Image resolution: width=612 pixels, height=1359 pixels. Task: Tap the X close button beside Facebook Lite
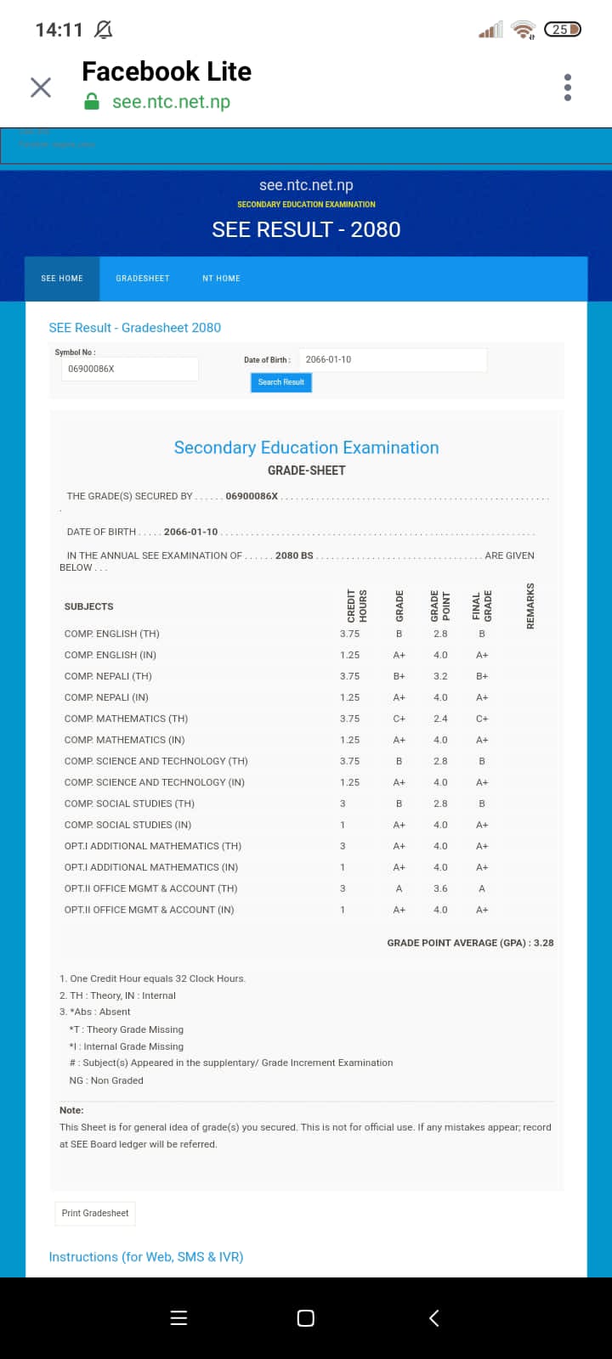pos(41,87)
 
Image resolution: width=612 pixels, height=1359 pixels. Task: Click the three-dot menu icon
pos(568,87)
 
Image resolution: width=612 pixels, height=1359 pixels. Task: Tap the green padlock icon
pos(93,102)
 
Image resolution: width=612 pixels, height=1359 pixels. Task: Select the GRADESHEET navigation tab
pos(143,279)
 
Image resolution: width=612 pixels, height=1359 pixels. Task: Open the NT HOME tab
pos(221,279)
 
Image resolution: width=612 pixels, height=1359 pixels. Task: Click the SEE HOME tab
pos(62,279)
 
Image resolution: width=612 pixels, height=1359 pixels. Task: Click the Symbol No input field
pos(129,369)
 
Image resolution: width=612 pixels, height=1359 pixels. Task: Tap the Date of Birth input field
pos(392,359)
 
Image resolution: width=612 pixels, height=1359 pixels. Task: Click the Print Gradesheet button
pos(95,1213)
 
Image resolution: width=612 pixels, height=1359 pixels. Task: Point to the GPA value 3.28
pos(543,943)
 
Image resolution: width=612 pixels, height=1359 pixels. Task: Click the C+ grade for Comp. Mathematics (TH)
pos(399,719)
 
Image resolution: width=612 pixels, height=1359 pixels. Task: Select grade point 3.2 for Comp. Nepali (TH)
pos(440,676)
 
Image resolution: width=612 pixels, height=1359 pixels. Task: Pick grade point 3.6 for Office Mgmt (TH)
pos(440,888)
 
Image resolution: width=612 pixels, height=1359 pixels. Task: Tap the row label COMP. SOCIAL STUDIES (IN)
pos(127,825)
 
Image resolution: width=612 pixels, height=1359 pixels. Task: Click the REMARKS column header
pos(530,606)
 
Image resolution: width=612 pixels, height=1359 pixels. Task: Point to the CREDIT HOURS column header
pos(357,606)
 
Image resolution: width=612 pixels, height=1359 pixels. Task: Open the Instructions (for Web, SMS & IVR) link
pos(146,1257)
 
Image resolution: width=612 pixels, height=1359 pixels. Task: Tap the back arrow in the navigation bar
pos(433,1318)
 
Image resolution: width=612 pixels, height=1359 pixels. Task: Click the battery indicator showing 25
pos(562,30)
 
